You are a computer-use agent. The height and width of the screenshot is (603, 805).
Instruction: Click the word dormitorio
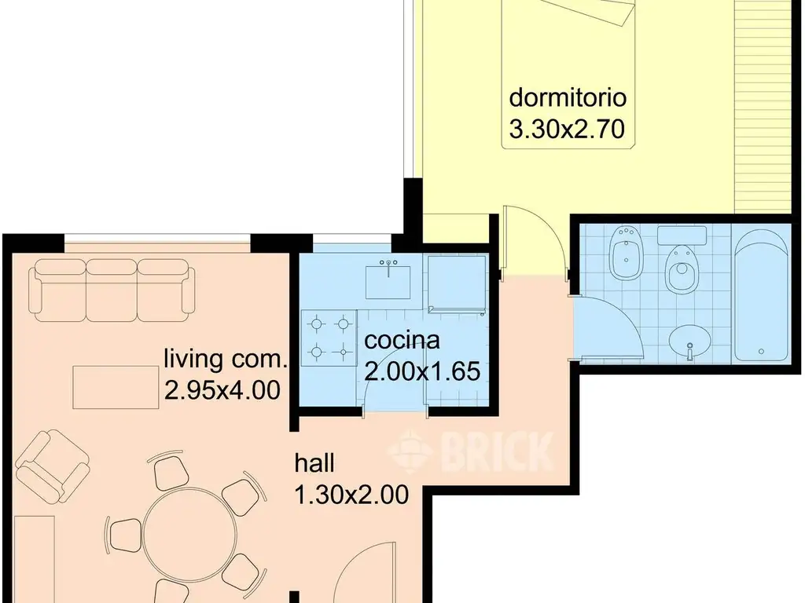pos(568,97)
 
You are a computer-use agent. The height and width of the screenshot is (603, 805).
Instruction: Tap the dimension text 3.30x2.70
pos(567,129)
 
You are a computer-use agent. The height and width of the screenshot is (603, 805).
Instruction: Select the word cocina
pos(402,341)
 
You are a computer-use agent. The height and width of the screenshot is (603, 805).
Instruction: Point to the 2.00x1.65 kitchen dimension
pos(422,371)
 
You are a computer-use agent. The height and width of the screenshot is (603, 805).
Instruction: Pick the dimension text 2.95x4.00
pos(222,390)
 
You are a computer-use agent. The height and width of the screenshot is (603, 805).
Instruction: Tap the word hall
pos(314,463)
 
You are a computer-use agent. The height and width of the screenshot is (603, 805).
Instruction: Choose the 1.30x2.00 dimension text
pos(351,495)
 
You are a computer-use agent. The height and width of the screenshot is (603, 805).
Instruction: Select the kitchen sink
pos(388,281)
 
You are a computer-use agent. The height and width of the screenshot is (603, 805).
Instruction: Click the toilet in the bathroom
pos(682,267)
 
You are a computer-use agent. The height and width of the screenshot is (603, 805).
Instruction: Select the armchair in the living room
pos(52,465)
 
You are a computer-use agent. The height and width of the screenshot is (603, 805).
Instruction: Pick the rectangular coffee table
pos(116,387)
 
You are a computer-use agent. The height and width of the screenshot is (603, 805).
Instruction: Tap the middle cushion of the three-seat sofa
pos(112,290)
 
